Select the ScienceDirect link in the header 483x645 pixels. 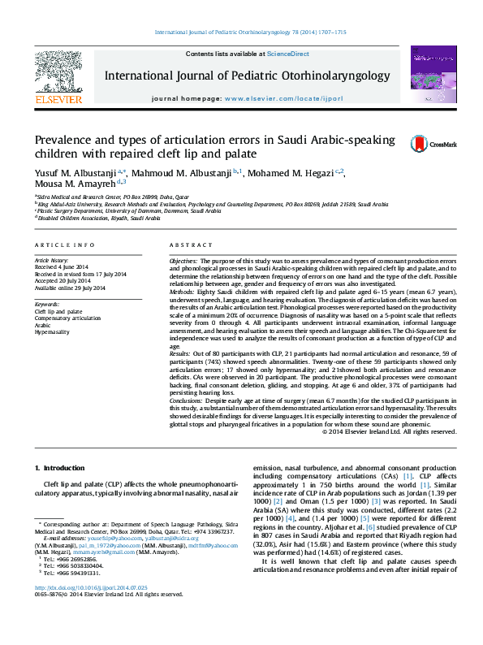(290, 54)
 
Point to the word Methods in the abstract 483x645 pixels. (183, 290)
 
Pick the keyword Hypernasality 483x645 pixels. (51, 331)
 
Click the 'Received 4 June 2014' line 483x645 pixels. (61, 266)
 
